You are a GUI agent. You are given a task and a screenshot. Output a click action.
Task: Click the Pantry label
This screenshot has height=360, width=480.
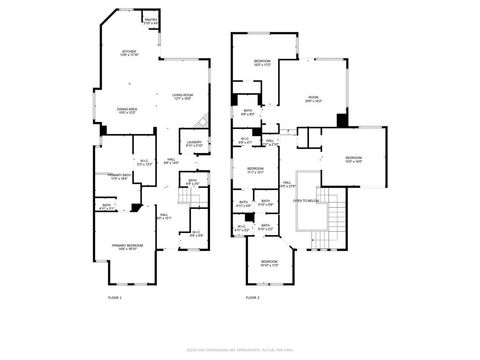click(151, 20)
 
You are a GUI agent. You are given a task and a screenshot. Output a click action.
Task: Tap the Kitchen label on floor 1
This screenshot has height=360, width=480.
click(129, 54)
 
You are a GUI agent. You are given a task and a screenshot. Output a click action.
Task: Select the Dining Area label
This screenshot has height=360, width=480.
click(127, 111)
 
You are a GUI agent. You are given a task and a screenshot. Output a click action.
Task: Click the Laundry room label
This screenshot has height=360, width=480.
click(194, 143)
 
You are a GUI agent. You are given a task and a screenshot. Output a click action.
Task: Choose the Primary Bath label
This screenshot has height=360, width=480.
click(121, 177)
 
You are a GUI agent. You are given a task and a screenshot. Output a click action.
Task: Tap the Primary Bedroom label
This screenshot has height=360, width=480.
click(127, 247)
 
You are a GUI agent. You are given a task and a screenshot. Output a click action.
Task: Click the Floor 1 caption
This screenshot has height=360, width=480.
click(115, 297)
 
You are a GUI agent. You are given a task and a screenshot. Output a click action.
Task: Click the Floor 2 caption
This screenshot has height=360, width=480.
click(253, 297)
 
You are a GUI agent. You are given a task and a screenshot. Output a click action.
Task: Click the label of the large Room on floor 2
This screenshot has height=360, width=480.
click(313, 99)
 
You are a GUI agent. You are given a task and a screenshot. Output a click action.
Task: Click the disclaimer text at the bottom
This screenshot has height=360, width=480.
click(240, 349)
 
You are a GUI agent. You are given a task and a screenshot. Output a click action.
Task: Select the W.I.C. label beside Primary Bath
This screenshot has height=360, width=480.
click(143, 162)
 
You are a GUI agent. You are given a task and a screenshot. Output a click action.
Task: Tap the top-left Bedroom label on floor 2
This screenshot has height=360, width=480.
click(261, 64)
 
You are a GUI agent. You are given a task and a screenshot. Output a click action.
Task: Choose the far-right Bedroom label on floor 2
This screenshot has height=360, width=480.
click(354, 159)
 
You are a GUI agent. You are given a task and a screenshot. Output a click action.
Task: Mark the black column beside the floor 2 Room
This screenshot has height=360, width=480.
click(342, 120)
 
